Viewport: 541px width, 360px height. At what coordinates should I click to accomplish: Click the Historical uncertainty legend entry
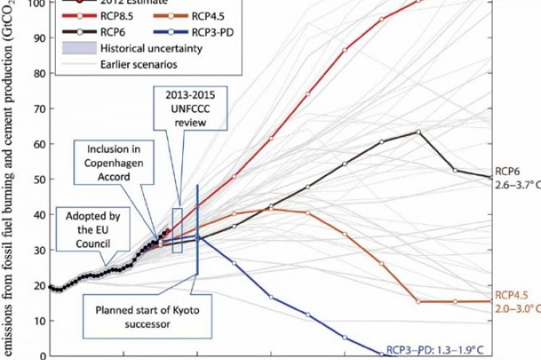point(130,49)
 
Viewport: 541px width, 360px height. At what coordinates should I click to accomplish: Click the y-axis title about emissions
point(11,181)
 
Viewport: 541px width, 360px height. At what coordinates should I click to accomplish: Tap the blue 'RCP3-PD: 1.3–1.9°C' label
point(433,348)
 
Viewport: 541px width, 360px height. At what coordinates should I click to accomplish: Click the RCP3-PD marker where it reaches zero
point(381,353)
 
